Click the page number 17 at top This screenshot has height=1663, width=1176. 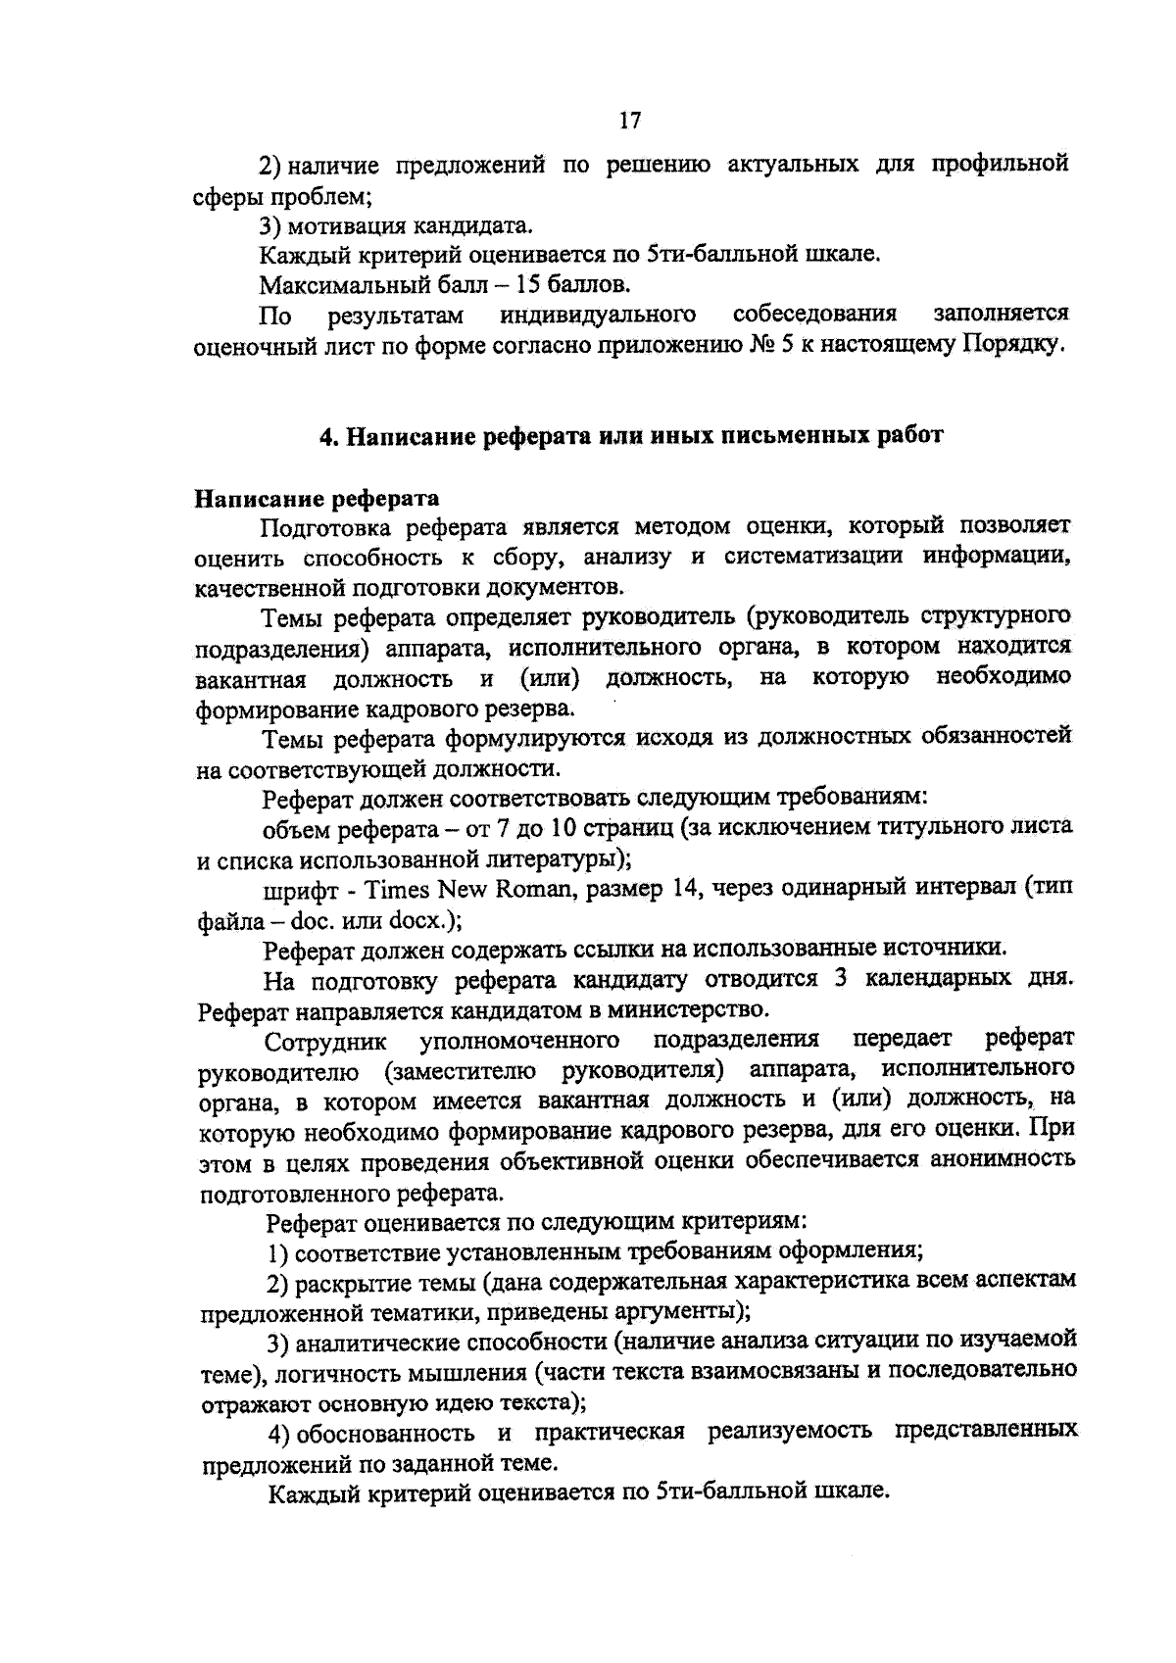(x=629, y=120)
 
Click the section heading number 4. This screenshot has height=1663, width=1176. (x=328, y=437)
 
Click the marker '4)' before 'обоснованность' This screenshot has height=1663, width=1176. (x=279, y=1433)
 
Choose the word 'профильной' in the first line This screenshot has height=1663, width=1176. (x=1000, y=164)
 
